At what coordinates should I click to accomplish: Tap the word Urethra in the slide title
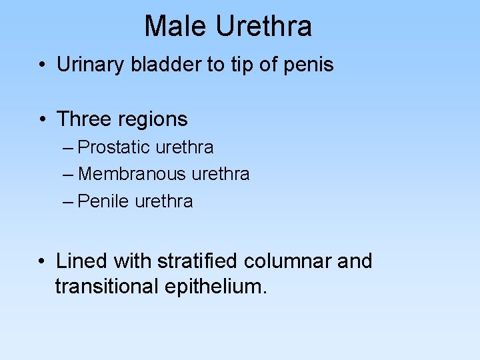263,27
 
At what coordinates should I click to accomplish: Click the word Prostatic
115,147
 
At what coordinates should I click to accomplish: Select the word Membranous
132,174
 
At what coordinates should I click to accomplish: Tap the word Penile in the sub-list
104,201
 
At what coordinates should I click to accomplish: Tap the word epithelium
218,288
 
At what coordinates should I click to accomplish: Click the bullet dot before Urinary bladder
42,65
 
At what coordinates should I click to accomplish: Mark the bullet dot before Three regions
42,120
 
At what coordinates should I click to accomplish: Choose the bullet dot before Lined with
42,261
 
